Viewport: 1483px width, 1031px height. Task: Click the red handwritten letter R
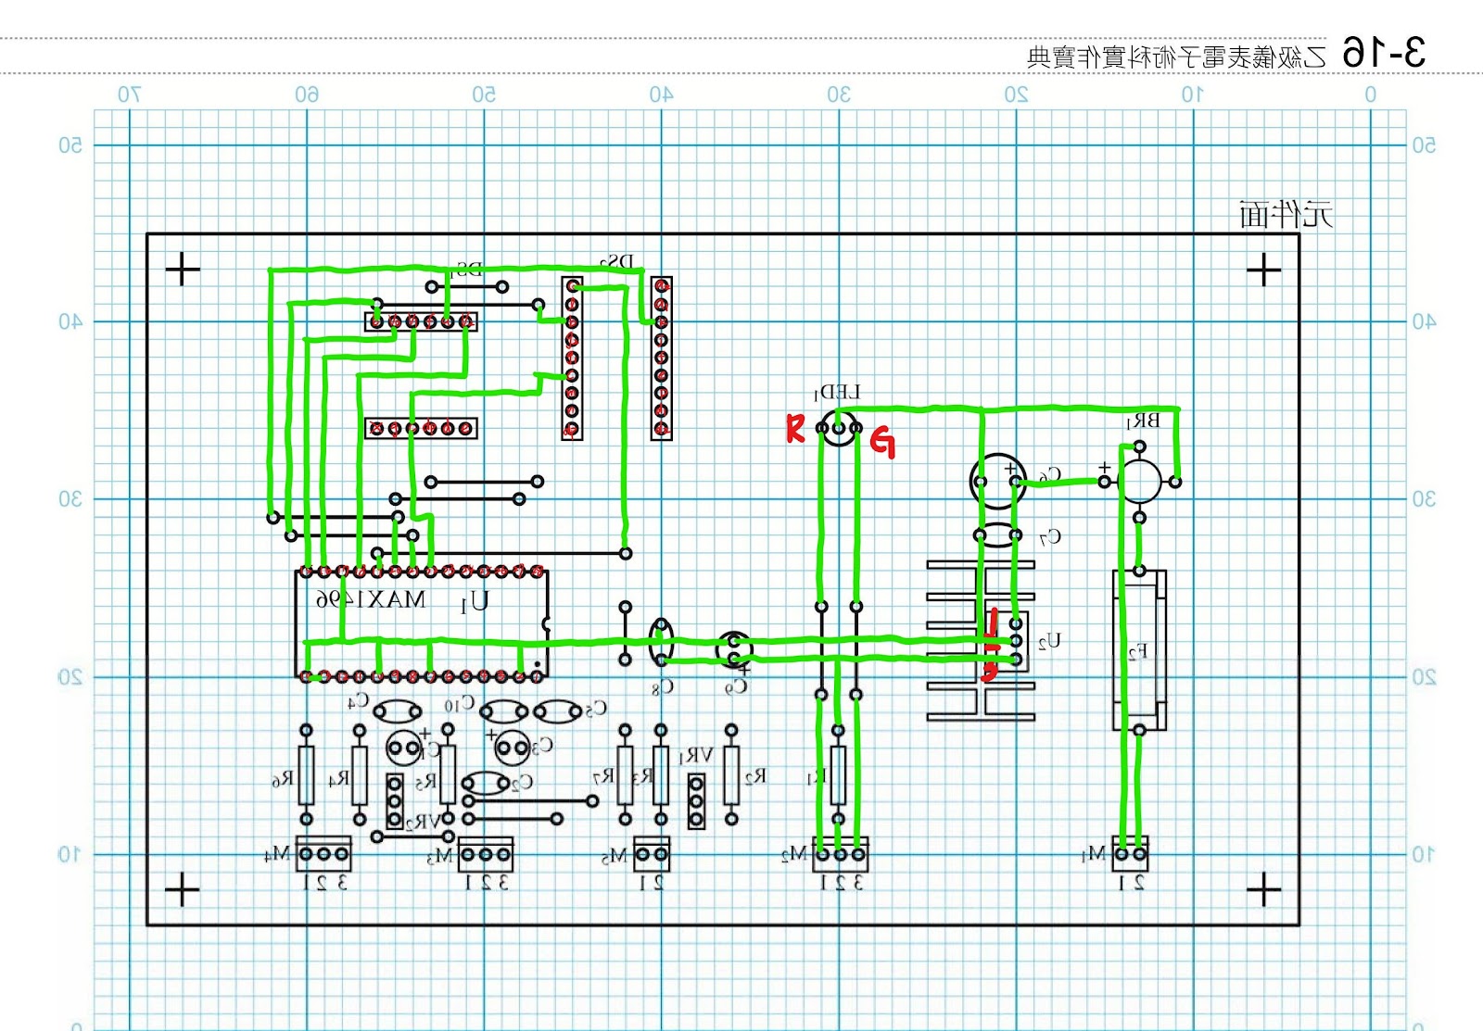click(x=794, y=429)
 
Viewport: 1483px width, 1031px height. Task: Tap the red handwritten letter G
click(x=883, y=443)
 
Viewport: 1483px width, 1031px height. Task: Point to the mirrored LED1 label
click(x=837, y=393)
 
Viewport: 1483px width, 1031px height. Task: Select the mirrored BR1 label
click(x=1143, y=421)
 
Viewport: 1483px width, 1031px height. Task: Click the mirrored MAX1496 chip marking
click(x=371, y=599)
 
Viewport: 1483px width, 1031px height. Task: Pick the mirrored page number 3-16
click(x=1384, y=53)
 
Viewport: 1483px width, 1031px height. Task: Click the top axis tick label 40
click(x=661, y=94)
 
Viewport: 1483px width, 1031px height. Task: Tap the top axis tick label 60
click(x=307, y=94)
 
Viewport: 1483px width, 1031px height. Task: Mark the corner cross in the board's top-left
click(x=183, y=270)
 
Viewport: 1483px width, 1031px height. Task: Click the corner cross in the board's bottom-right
click(x=1263, y=890)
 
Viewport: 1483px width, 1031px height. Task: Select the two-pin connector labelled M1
click(x=1130, y=853)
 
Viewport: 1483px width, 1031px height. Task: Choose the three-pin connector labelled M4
click(x=323, y=853)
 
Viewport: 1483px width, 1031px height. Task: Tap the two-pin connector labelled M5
click(x=652, y=853)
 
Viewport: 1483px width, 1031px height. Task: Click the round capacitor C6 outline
click(x=997, y=481)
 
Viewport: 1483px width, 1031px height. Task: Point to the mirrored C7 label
click(x=1049, y=537)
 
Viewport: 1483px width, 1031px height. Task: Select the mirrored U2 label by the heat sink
click(x=1048, y=641)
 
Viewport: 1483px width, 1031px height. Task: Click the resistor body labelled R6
click(x=306, y=774)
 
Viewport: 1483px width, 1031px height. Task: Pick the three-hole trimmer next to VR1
click(x=696, y=801)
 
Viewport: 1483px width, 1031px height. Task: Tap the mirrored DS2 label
click(x=618, y=262)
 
